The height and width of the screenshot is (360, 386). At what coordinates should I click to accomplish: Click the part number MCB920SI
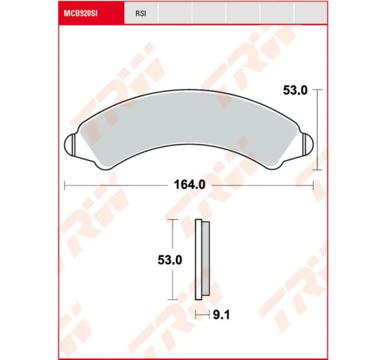pos(80,14)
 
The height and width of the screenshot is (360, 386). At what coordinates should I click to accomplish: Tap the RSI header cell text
pos(141,14)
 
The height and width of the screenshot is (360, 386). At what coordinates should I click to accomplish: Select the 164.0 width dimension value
pos(189,184)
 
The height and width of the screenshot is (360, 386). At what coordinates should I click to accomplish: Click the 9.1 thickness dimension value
pos(221,315)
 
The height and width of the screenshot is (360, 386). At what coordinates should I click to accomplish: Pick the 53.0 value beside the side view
pos(170,260)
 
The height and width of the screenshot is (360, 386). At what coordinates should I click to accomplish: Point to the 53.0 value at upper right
pos(295,91)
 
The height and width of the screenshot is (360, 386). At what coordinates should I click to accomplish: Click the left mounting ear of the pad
pos(69,145)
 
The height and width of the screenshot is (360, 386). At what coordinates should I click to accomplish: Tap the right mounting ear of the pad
pos(308,145)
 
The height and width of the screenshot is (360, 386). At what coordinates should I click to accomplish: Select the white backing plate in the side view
pos(198,260)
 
